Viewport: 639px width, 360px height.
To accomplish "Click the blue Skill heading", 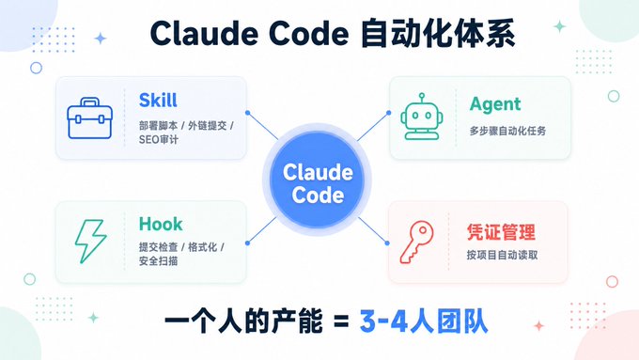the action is coord(158,101).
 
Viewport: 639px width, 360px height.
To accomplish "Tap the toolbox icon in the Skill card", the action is coord(89,118).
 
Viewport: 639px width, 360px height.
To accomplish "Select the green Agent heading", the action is coord(495,104).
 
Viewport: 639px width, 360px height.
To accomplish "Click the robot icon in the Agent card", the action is coord(421,117).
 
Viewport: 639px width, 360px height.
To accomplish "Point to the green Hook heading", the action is coord(161,224).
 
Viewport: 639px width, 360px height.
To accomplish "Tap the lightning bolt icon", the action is coord(90,241).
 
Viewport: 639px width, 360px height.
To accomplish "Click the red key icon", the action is coord(416,242).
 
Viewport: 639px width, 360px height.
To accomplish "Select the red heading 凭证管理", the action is coord(501,232).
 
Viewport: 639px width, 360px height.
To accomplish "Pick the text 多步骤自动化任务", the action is coord(507,131).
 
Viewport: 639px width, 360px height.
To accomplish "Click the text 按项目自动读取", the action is coord(502,255).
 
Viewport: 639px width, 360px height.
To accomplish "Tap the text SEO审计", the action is coord(159,139).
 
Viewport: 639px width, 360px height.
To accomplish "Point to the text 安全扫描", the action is coord(158,261).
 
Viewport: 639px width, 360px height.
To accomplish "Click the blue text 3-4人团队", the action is coord(424,321).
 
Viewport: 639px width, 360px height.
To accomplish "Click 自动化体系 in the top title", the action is coord(438,34).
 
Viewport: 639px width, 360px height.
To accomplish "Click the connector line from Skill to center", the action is coord(263,126).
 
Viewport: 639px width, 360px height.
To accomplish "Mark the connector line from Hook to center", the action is coord(262,230).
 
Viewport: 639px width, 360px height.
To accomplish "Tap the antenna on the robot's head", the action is coord(421,97).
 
